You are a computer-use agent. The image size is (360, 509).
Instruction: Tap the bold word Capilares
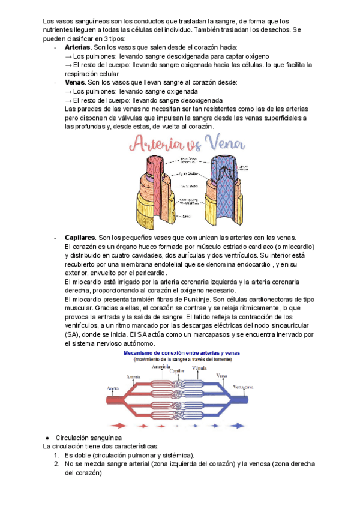[79, 238]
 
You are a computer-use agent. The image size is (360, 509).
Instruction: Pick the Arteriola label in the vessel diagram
[161, 366]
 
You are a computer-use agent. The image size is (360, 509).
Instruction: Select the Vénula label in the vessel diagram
[196, 366]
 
